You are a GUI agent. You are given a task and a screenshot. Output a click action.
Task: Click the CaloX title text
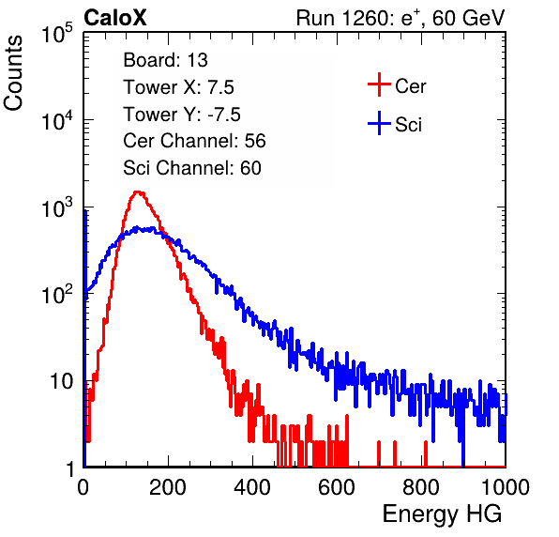pyautogui.click(x=115, y=18)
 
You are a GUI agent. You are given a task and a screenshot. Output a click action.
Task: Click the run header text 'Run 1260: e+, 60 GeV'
pyautogui.click(x=400, y=18)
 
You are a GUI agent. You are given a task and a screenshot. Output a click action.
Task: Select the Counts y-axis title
pyautogui.click(x=13, y=73)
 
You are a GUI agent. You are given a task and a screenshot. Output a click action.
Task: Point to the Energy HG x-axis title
pyautogui.click(x=442, y=514)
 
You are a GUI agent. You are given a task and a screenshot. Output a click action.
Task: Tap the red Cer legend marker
pyautogui.click(x=379, y=84)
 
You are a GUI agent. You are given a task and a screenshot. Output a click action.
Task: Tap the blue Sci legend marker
pyautogui.click(x=379, y=123)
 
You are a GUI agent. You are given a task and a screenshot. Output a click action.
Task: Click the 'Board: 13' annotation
pyautogui.click(x=165, y=60)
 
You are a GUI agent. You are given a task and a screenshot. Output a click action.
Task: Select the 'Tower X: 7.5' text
pyautogui.click(x=178, y=87)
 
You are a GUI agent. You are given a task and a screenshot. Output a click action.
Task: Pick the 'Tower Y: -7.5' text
pyautogui.click(x=182, y=115)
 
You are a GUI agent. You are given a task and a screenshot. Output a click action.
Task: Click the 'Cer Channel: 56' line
pyautogui.click(x=194, y=141)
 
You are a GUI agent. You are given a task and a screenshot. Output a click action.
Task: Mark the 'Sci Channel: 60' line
pyautogui.click(x=192, y=168)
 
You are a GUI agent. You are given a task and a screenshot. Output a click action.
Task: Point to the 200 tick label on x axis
pyautogui.click(x=168, y=487)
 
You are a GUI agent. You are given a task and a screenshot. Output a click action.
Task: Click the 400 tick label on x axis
pyautogui.click(x=252, y=487)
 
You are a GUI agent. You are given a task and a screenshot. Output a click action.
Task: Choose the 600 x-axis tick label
pyautogui.click(x=337, y=487)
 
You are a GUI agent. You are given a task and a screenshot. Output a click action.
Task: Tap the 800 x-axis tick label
pyautogui.click(x=421, y=487)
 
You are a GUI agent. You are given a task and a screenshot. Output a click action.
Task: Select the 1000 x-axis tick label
pyautogui.click(x=506, y=487)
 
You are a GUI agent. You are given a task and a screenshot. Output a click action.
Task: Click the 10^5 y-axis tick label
pyautogui.click(x=58, y=34)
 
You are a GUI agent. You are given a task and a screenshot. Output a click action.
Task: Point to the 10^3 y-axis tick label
pyautogui.click(x=58, y=208)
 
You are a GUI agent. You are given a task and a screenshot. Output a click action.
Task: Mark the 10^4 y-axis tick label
pyautogui.click(x=58, y=121)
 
